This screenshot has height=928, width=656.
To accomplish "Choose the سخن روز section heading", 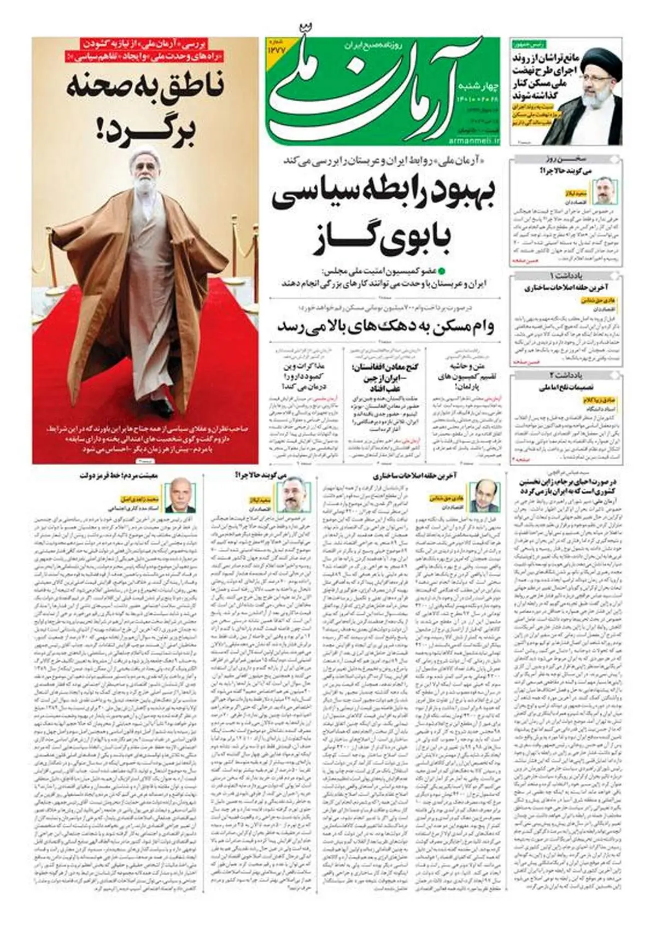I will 567,159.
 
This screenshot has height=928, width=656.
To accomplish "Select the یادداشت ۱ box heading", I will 566,275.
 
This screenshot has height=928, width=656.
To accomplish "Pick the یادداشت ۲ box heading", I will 566,375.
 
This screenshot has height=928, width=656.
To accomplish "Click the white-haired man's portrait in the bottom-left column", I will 179,495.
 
